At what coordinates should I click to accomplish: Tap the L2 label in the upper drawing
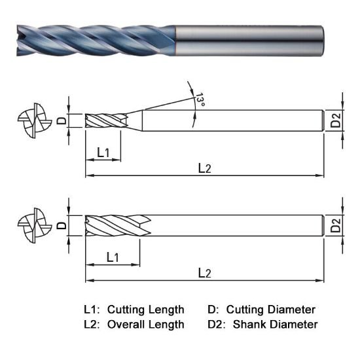[x=205, y=168]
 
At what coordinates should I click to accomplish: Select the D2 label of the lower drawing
[x=336, y=226]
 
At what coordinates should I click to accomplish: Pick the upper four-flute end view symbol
[x=33, y=121]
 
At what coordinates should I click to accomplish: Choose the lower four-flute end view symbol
[x=33, y=225]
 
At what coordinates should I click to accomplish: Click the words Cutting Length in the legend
[x=145, y=309]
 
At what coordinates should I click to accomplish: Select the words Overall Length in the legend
[x=145, y=324]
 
